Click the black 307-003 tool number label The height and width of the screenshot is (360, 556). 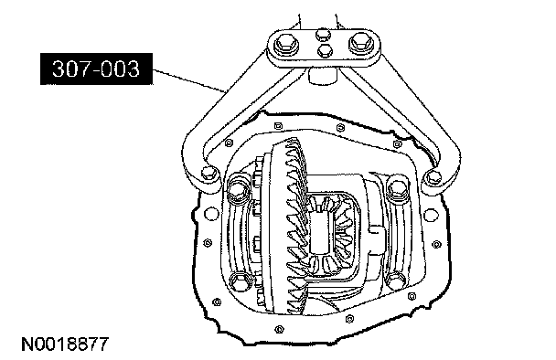(x=96, y=69)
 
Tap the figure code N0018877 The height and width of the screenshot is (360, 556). (x=65, y=344)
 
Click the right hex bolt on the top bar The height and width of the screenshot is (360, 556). (x=361, y=43)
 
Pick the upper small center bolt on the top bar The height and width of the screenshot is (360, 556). (x=323, y=35)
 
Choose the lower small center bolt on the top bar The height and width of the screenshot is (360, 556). (x=324, y=50)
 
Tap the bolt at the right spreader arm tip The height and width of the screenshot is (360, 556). (x=433, y=177)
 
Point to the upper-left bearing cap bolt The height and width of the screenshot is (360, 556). (x=237, y=188)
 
